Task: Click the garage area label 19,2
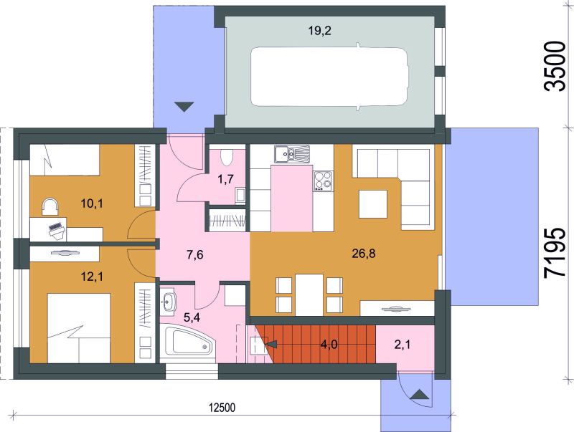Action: (319, 31)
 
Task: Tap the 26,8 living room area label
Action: (364, 254)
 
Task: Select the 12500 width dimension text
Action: (222, 408)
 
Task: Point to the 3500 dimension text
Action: (555, 66)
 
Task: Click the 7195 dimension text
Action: (555, 254)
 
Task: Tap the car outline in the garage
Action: (329, 77)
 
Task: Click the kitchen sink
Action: (292, 154)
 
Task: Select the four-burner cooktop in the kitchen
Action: (324, 181)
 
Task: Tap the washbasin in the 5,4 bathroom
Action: (168, 302)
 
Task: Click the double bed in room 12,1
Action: (79, 328)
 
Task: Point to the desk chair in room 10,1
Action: (50, 206)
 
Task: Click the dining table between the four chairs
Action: (309, 294)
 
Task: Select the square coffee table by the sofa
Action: (373, 204)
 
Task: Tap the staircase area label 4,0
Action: (329, 345)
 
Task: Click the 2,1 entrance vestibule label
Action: (403, 345)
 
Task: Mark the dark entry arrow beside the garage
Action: (184, 106)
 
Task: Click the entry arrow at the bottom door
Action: (420, 395)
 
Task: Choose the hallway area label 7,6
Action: (194, 255)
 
